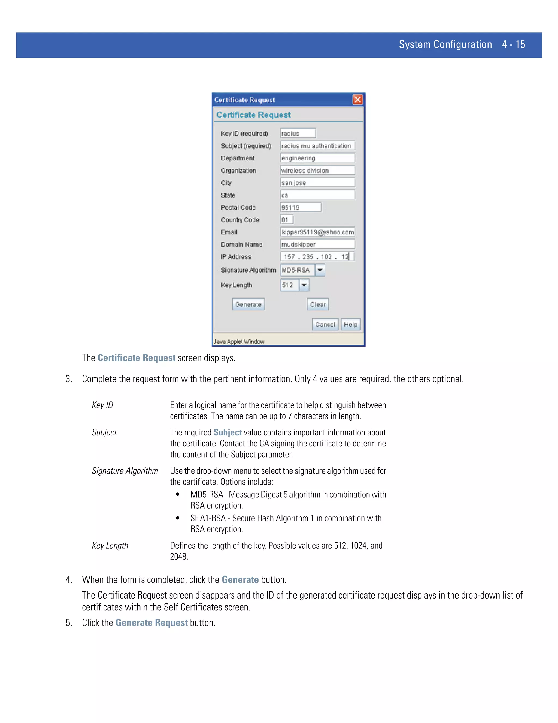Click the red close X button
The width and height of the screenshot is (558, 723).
pyautogui.click(x=357, y=100)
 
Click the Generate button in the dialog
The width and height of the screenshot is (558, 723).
pyautogui.click(x=248, y=304)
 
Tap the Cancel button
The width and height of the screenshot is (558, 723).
pyautogui.click(x=325, y=324)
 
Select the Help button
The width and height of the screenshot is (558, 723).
pyautogui.click(x=350, y=324)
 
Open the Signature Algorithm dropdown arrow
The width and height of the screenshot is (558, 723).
pyautogui.click(x=320, y=270)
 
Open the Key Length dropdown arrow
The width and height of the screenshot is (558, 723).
pyautogui.click(x=304, y=285)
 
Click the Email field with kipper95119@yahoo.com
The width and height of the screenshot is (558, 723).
pyautogui.click(x=317, y=232)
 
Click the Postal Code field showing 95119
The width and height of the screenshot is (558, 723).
pyautogui.click(x=301, y=207)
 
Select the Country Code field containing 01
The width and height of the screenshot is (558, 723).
pyautogui.click(x=286, y=220)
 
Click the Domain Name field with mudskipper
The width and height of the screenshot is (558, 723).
pyautogui.click(x=317, y=244)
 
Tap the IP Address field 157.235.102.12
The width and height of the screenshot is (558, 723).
pyautogui.click(x=317, y=256)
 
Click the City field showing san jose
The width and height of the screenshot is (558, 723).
pyautogui.click(x=317, y=183)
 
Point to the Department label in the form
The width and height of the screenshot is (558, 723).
pyautogui.click(x=237, y=158)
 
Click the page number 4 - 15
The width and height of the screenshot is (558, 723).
pyautogui.click(x=513, y=44)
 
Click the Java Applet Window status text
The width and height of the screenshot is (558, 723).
pyautogui.click(x=239, y=342)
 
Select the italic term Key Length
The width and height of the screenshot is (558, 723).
pyautogui.click(x=110, y=546)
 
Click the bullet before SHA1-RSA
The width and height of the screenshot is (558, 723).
pyautogui.click(x=178, y=518)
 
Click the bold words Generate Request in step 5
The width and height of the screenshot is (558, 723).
pyautogui.click(x=151, y=623)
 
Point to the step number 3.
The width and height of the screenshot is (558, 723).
pyautogui.click(x=68, y=379)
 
